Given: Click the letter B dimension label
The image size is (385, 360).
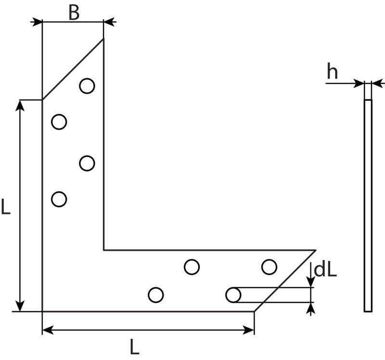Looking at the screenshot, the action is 74,12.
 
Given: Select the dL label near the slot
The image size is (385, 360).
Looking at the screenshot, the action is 325,271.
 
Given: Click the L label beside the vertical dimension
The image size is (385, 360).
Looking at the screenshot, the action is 6,207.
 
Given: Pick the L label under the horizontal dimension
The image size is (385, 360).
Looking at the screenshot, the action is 135,347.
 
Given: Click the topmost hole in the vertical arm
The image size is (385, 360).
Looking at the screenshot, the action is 87,86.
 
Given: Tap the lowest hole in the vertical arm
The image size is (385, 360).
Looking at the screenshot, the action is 59,199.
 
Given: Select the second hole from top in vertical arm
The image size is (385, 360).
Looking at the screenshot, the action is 59,122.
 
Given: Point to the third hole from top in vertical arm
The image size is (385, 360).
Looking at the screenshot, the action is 87,163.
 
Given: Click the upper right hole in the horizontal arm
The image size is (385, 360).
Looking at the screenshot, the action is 269,267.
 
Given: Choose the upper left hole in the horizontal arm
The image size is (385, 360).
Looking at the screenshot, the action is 192,267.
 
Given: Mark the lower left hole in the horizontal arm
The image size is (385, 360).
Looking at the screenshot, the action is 156,295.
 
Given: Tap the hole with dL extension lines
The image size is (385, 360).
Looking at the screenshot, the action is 233,295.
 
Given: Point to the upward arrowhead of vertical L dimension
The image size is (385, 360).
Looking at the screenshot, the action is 20,105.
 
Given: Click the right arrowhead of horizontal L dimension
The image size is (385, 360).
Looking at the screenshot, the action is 248,330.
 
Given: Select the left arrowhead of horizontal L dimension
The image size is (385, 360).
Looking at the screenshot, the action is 48,330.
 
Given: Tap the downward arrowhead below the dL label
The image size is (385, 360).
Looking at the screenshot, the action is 311,282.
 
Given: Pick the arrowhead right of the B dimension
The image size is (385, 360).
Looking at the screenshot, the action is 109,22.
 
